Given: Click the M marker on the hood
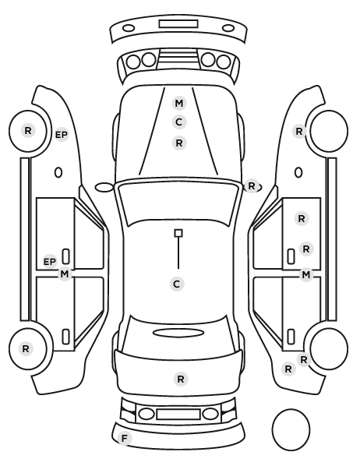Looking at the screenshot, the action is [179, 104].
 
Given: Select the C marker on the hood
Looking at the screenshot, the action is [179, 122].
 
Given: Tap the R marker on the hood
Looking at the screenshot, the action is [179, 143].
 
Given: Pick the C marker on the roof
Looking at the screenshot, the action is [177, 284].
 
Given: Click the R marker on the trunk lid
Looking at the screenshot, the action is [181, 380].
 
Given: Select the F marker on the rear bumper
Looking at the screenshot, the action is [125, 438].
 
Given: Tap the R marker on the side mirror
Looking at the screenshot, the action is [252, 186].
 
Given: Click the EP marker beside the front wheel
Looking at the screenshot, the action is [62, 135].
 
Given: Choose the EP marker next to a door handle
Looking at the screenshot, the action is [50, 262].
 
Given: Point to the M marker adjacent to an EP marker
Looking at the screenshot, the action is [65, 274].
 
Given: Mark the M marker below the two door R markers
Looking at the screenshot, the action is [306, 275].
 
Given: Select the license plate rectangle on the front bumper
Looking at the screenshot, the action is [178, 24].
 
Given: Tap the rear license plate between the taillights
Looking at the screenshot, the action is [178, 414].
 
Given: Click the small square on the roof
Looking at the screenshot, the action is [178, 233].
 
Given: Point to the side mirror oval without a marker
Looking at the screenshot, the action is [104, 188].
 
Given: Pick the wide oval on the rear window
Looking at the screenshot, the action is [178, 334].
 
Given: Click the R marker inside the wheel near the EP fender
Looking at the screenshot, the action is [28, 130].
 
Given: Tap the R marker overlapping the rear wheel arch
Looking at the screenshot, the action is [304, 360].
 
